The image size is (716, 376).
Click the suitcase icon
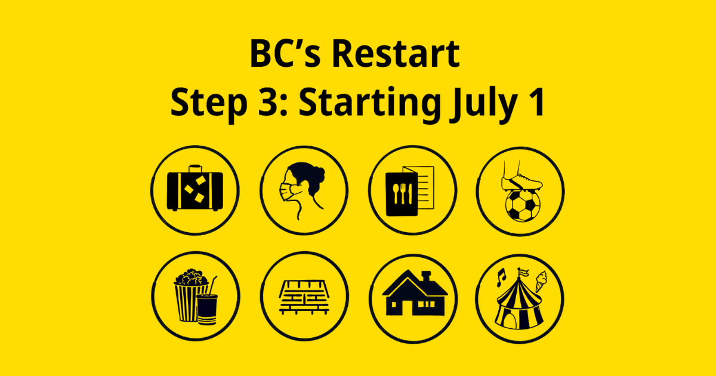coord(195,190)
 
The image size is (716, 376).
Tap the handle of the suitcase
coord(195,168)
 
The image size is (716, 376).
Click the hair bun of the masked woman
coord(318,175)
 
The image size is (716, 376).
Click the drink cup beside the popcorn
coord(207,307)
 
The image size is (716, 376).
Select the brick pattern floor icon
coord(304,296)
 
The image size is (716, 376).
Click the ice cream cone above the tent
coord(540,280)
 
